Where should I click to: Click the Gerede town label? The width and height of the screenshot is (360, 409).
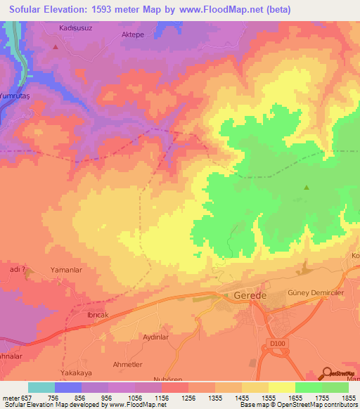(x=250, y=296)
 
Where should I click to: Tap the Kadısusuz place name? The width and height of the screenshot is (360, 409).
(x=77, y=30)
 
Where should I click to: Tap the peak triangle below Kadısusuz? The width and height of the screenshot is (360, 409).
(x=56, y=47)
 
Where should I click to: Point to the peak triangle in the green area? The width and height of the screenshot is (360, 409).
(x=306, y=187)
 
